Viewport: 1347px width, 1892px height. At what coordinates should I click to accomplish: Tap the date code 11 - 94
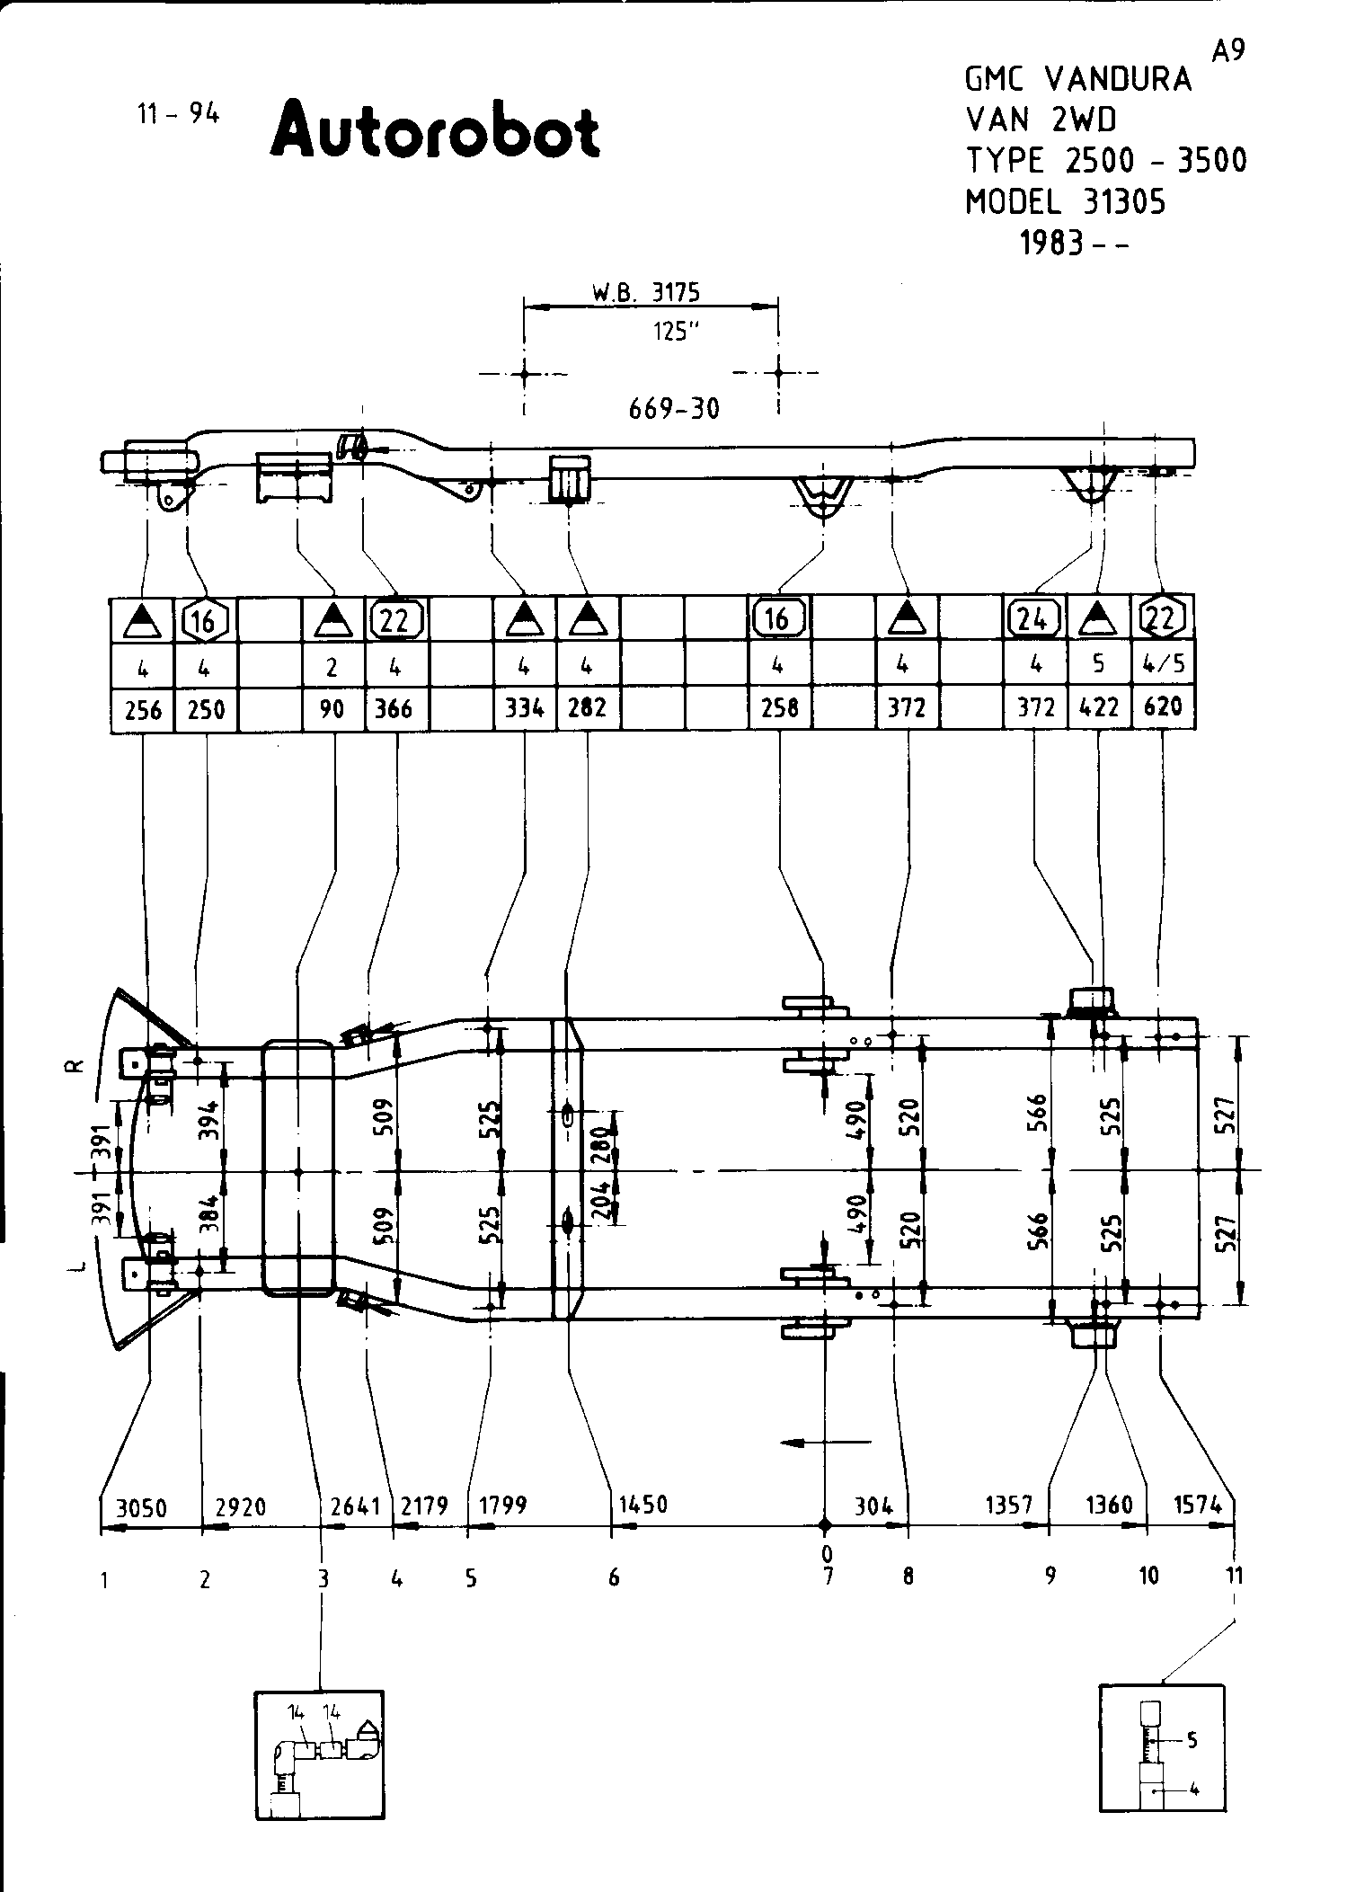[178, 114]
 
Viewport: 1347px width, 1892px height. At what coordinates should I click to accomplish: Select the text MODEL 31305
[1065, 202]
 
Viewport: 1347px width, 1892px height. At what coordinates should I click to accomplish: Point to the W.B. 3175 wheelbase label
[645, 292]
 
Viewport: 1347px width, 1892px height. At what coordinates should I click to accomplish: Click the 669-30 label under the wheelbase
[674, 409]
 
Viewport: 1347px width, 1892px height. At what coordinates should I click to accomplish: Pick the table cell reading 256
[143, 710]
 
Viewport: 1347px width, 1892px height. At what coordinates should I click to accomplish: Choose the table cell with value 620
[1163, 708]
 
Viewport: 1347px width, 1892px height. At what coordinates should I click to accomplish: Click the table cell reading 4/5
[1163, 664]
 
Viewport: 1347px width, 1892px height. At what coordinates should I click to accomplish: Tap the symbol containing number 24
[1034, 617]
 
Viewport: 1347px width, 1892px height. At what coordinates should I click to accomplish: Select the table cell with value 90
[332, 709]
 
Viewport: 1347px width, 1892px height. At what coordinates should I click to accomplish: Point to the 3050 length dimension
[141, 1507]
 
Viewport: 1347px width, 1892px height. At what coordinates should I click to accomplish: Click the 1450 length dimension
[643, 1505]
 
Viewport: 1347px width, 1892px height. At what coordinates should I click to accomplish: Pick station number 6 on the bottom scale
[613, 1577]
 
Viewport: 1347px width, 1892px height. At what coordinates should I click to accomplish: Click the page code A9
[1227, 52]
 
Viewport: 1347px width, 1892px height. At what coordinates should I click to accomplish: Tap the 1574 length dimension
[1199, 1505]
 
